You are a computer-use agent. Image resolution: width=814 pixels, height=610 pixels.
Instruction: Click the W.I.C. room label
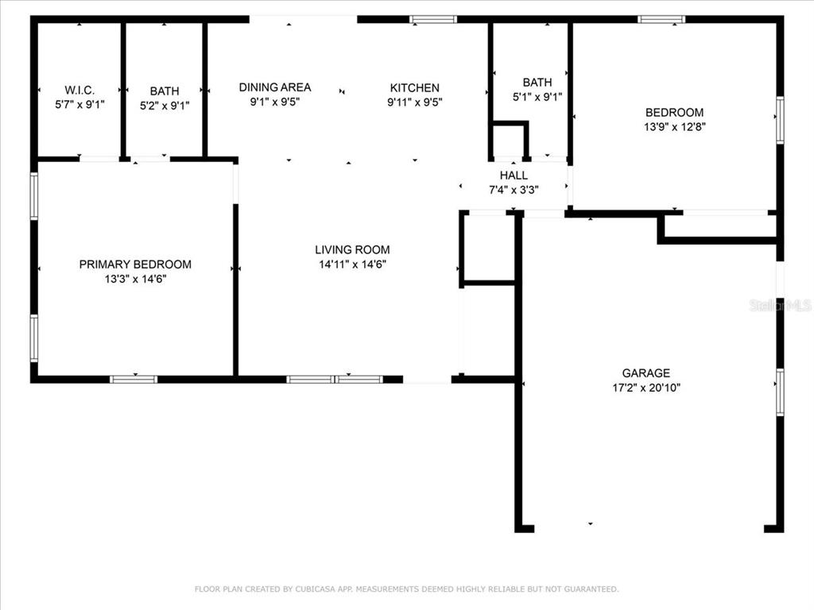pos(79,91)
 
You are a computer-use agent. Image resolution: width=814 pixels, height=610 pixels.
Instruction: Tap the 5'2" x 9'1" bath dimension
pos(165,106)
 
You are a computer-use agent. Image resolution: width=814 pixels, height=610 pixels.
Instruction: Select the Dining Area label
pos(274,87)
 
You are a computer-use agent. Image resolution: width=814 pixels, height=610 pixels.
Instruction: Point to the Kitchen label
pos(415,87)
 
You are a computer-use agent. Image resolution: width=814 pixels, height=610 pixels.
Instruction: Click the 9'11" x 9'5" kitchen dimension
pos(415,102)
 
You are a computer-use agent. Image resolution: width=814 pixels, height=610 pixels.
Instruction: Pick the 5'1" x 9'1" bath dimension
pos(537,97)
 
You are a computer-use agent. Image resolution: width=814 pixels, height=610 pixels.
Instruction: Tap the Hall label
pos(514,176)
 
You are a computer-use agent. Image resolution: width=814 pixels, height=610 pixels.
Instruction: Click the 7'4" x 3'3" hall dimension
pos(514,190)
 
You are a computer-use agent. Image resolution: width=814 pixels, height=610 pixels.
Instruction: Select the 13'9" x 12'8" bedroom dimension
pos(675,126)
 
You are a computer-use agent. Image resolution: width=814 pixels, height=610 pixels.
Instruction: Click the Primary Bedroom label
pos(135,264)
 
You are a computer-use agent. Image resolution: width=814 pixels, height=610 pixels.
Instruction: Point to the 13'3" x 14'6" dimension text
pos(135,279)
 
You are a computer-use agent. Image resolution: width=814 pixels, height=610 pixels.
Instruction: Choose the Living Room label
pos(352,249)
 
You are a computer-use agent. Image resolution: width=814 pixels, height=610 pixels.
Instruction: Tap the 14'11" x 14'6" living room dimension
pos(352,264)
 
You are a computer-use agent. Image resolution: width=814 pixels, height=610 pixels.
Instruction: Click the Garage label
pos(645,373)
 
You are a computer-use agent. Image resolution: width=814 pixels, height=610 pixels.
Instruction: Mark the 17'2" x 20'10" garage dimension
pos(645,388)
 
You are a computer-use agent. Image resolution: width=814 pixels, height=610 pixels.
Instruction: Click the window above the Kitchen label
pos(433,20)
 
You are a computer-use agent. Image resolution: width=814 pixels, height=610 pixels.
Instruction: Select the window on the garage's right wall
pos(780,392)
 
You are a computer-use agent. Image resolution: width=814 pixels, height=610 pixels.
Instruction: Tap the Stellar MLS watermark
pos(781,305)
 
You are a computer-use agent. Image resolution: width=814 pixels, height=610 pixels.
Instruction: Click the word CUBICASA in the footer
pos(316,589)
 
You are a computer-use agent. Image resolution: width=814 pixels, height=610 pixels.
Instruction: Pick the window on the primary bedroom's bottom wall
pos(134,379)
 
